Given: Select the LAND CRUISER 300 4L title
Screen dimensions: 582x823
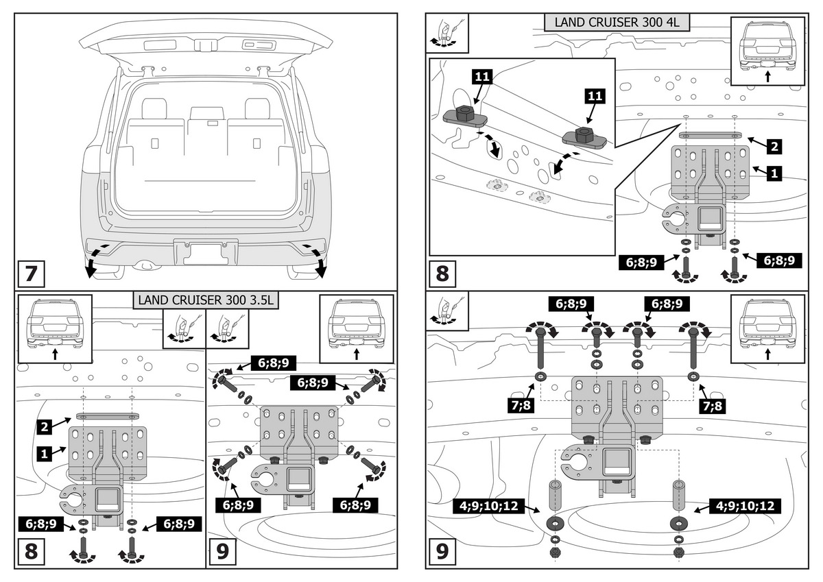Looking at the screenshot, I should (x=617, y=22).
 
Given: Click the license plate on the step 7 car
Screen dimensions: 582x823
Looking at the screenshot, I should (x=206, y=252).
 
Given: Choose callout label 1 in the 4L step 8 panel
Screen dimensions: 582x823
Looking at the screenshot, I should (x=773, y=173).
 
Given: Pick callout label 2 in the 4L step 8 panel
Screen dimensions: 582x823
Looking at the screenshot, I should (x=773, y=145).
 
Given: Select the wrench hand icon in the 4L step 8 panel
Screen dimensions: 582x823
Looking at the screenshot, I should (x=447, y=33).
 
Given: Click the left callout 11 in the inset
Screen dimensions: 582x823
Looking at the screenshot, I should (x=482, y=77).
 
